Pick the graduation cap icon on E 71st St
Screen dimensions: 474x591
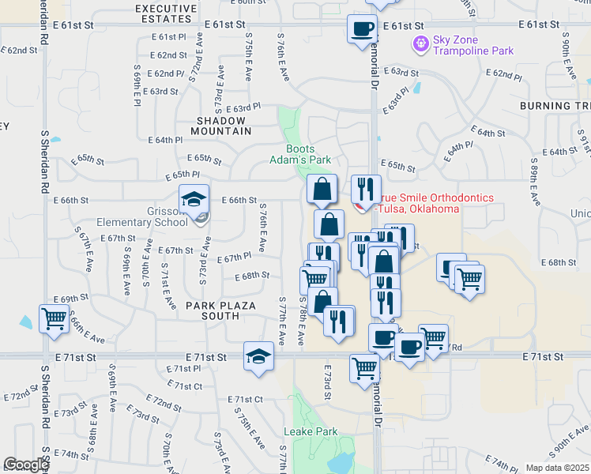click(258, 356)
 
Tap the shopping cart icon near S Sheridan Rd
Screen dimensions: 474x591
click(55, 319)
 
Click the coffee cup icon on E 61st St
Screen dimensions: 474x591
click(362, 28)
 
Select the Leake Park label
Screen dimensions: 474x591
click(311, 431)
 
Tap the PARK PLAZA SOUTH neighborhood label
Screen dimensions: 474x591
click(212, 310)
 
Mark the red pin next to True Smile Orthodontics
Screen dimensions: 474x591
click(361, 207)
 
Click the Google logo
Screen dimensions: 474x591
click(26, 465)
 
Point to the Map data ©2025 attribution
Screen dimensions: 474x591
click(556, 468)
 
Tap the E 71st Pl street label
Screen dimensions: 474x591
click(184, 369)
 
